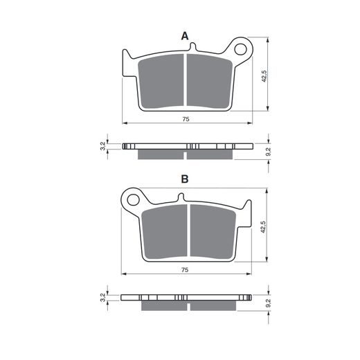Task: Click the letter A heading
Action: point(185,36)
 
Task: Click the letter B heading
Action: point(185,179)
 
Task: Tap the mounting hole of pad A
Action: point(240,49)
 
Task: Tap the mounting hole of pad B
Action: point(133,199)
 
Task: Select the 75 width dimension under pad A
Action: point(186,119)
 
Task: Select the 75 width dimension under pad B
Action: point(185,269)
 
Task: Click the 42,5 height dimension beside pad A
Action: point(264,76)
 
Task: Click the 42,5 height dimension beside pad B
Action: point(263,227)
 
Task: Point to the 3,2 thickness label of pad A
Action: point(102,146)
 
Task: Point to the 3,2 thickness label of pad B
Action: point(102,297)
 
